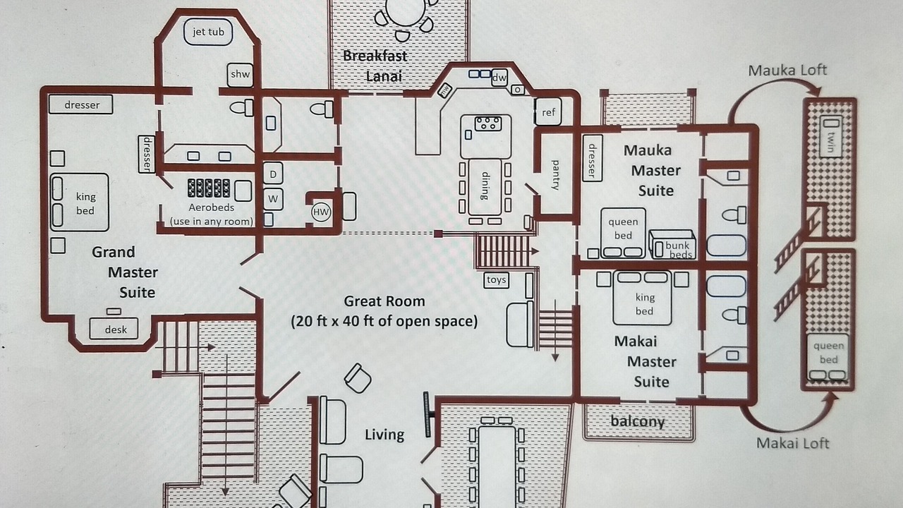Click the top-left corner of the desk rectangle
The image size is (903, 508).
click(x=90, y=318)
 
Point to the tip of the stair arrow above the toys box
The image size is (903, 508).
click(x=539, y=251)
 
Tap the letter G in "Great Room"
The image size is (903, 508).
click(x=349, y=301)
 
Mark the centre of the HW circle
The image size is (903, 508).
click(x=321, y=212)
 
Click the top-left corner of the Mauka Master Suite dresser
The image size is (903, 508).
click(x=583, y=135)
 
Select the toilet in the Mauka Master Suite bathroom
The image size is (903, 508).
click(x=734, y=215)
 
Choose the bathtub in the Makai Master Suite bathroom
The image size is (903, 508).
click(x=726, y=286)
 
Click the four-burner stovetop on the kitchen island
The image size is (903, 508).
click(x=488, y=123)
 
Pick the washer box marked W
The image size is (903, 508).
click(x=273, y=199)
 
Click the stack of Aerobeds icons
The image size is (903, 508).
click(x=209, y=188)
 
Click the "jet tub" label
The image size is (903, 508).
click(x=208, y=32)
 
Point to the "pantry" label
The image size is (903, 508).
click(x=555, y=175)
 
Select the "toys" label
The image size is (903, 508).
click(x=496, y=280)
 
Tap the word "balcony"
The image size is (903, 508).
click(x=637, y=421)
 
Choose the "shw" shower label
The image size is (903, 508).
click(x=241, y=74)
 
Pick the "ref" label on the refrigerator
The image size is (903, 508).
click(x=548, y=112)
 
